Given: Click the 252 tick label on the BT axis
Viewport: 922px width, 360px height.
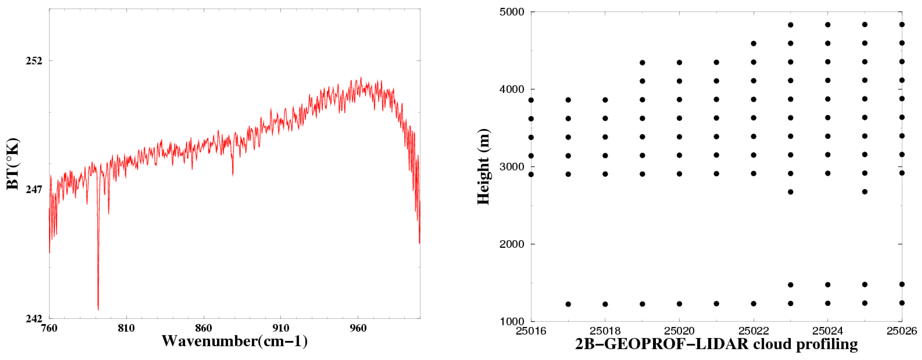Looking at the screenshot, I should [x=34, y=60].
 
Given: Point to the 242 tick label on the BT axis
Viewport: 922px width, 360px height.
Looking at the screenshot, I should [x=34, y=318].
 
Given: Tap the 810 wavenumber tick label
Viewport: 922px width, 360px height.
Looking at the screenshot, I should [x=126, y=328].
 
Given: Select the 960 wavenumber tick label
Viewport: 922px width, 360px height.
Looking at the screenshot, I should [x=358, y=328].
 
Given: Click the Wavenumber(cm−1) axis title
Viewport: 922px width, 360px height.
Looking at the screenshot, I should [x=234, y=341].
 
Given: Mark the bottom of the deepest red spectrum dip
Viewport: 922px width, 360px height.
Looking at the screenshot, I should [x=98, y=309].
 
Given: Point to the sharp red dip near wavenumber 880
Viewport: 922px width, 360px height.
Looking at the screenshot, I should [x=233, y=175].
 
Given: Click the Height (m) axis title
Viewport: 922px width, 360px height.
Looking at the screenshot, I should [x=483, y=167].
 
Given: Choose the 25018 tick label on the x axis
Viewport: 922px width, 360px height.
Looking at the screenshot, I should [x=605, y=331].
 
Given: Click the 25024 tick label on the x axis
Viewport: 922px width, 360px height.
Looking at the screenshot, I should [x=827, y=331].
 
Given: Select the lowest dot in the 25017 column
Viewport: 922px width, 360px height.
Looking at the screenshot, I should [x=568, y=304].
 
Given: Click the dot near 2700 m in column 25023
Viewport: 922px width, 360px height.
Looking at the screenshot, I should [x=791, y=192].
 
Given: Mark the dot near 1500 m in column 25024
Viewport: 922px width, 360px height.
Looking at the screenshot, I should [x=827, y=285].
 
